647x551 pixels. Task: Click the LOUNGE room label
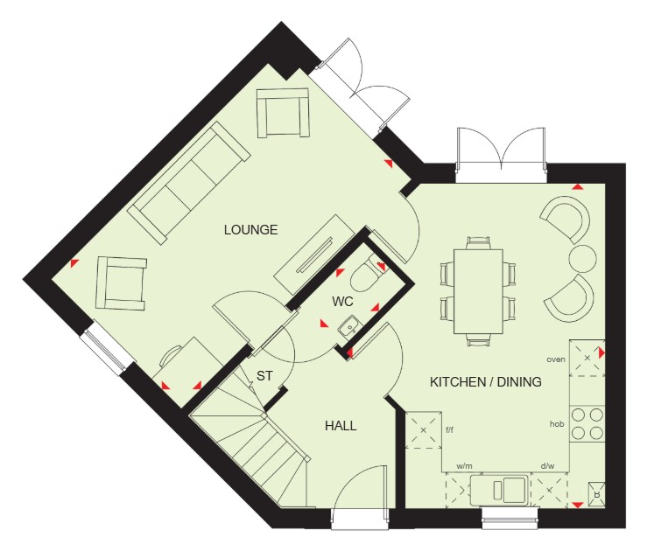(251, 229)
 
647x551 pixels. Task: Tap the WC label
(343, 302)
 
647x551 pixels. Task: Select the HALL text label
(341, 426)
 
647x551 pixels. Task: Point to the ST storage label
(264, 376)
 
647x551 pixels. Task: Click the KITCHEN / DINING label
(486, 382)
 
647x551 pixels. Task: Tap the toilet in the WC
(365, 274)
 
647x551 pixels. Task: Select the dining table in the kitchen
(478, 291)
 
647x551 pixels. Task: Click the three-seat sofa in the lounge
(189, 182)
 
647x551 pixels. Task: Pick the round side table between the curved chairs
(582, 258)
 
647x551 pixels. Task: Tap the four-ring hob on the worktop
(587, 423)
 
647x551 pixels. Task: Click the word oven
(556, 359)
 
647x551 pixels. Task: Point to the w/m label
(464, 466)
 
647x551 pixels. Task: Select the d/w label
(547, 466)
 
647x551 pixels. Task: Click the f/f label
(449, 430)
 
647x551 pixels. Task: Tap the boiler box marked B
(596, 493)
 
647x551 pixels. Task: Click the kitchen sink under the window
(499, 490)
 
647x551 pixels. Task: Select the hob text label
(557, 423)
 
